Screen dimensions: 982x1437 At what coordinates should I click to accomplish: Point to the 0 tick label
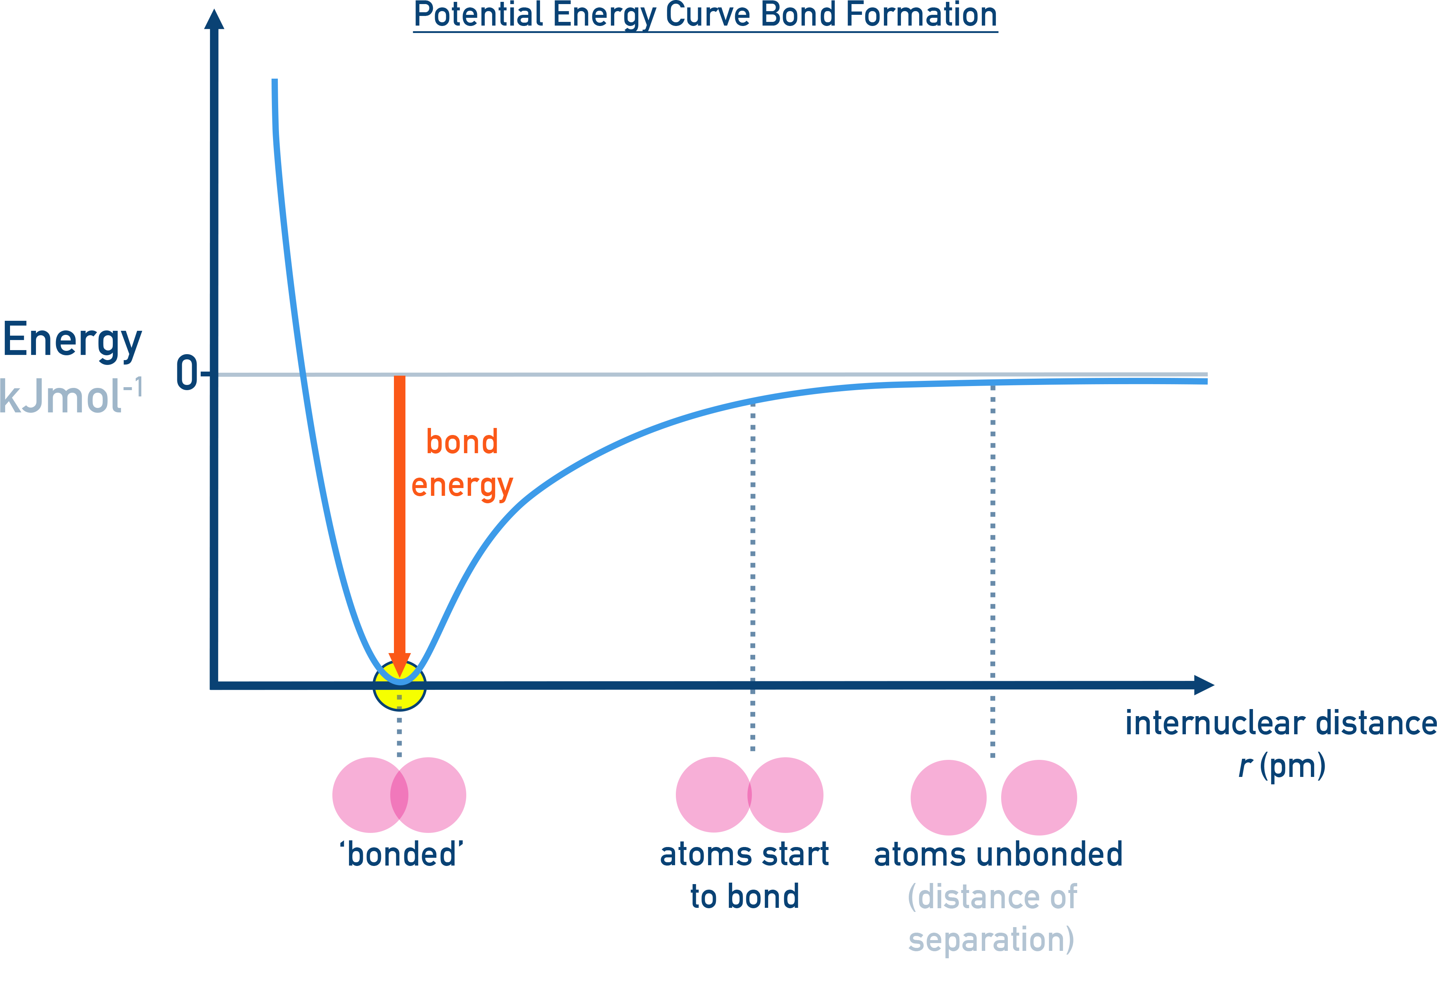click(187, 373)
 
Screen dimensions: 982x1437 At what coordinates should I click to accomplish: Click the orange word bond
click(462, 442)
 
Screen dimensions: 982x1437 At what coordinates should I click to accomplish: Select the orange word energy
click(462, 486)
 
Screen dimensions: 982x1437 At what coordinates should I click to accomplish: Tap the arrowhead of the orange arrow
click(399, 664)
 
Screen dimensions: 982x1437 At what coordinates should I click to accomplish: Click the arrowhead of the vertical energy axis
click(214, 20)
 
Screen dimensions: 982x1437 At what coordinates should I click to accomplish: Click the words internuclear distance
click(1280, 723)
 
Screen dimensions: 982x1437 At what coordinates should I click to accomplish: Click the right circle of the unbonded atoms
click(1039, 797)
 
